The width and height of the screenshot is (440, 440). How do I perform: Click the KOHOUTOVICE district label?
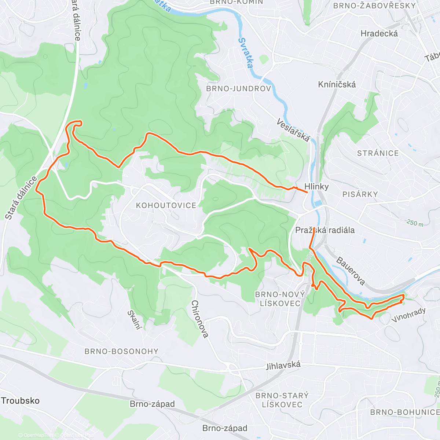click(x=166, y=205)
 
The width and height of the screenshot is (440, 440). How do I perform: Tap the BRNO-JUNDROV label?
click(x=239, y=89)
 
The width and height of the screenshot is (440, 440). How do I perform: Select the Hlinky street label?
click(x=316, y=186)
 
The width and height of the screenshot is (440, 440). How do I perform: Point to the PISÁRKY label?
click(x=360, y=194)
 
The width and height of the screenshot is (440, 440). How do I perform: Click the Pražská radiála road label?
click(x=325, y=230)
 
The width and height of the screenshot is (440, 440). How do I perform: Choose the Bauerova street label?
click(x=351, y=272)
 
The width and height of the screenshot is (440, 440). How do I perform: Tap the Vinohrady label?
click(x=408, y=315)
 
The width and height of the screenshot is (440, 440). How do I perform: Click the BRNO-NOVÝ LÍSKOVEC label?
click(x=280, y=299)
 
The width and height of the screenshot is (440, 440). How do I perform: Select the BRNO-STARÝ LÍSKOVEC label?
click(x=282, y=400)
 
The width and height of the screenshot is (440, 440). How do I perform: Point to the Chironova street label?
click(x=200, y=319)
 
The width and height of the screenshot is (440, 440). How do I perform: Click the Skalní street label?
click(x=134, y=320)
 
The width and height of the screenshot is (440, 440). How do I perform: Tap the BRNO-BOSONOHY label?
click(x=121, y=351)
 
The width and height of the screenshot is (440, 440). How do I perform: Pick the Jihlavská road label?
click(x=283, y=365)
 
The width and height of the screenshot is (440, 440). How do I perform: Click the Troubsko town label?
click(x=20, y=400)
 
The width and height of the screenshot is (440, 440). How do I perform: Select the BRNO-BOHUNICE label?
click(x=404, y=412)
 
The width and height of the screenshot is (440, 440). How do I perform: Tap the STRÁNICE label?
click(x=378, y=153)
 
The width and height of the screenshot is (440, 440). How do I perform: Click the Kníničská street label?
click(x=337, y=84)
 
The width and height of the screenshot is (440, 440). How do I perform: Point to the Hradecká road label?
click(x=379, y=33)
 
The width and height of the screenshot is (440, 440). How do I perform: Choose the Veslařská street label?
click(x=293, y=130)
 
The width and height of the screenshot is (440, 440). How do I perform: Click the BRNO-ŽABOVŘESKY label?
click(x=374, y=5)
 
